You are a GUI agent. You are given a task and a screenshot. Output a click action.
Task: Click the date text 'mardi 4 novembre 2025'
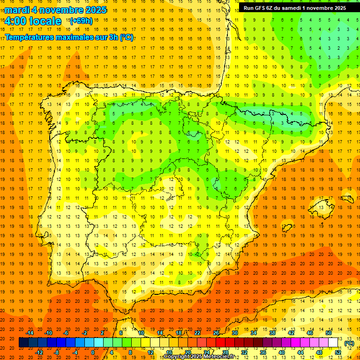pyautogui.click(x=55, y=10)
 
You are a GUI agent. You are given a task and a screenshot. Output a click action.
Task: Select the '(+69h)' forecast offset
pyautogui.click(x=81, y=21)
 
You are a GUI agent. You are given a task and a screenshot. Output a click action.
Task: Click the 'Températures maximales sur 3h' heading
pyautogui.click(x=69, y=37)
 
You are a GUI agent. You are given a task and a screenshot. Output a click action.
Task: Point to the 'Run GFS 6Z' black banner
pyautogui.click(x=294, y=8)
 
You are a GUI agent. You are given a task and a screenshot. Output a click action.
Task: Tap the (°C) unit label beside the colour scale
pyautogui.click(x=349, y=343)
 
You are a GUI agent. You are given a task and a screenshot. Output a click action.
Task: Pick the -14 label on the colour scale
pyautogui.click(x=30, y=333)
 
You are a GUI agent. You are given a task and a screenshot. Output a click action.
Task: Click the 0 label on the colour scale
pyautogui.click(x=92, y=352)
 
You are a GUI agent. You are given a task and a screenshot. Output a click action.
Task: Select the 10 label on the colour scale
pyautogui.click(x=141, y=333)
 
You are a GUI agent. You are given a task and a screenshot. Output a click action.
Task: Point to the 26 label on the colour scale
pyautogui.click(x=216, y=333)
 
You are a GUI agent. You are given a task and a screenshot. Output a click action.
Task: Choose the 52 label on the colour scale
pyautogui.click(x=338, y=352)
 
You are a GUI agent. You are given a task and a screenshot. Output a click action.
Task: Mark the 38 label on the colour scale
pyautogui.click(x=272, y=333)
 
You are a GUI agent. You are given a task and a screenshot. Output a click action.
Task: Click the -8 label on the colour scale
pyautogui.click(x=57, y=352)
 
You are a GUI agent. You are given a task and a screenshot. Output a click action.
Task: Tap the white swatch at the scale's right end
pyautogui.click(x=333, y=343)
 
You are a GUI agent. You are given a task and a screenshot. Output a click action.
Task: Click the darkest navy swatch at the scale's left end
pyautogui.click(x=23, y=343)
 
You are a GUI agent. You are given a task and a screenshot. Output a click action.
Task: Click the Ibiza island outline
pyautogui.click(x=286, y=228)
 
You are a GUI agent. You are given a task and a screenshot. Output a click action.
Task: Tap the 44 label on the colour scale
pyautogui.click(x=300, y=352)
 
